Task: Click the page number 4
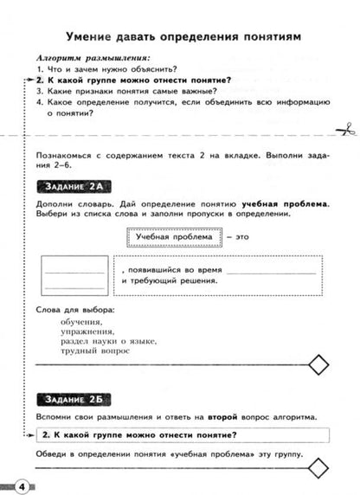tap(20, 483)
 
